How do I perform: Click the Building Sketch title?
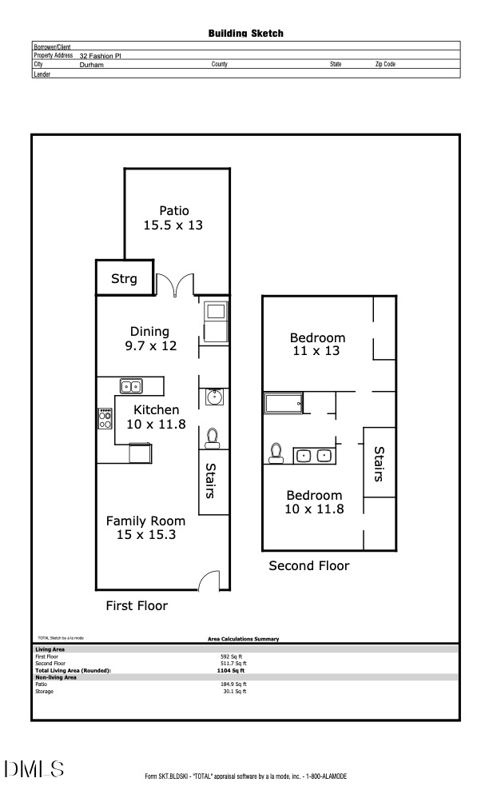click(245, 34)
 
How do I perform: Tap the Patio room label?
click(173, 218)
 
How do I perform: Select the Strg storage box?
click(124, 279)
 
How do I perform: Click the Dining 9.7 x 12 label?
click(149, 338)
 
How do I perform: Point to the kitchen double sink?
click(131, 387)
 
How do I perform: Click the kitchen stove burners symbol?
click(105, 418)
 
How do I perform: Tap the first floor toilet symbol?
click(213, 437)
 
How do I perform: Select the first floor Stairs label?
click(212, 480)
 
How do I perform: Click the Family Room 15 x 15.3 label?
click(145, 527)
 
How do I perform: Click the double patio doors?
click(175, 285)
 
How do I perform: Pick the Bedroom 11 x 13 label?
click(317, 344)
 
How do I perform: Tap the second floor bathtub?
click(284, 404)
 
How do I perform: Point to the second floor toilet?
click(276, 453)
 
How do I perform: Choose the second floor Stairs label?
click(380, 464)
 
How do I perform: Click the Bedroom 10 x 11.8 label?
click(314, 501)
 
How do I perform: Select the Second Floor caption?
click(308, 565)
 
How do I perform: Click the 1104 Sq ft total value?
click(231, 671)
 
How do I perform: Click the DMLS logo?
click(34, 769)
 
